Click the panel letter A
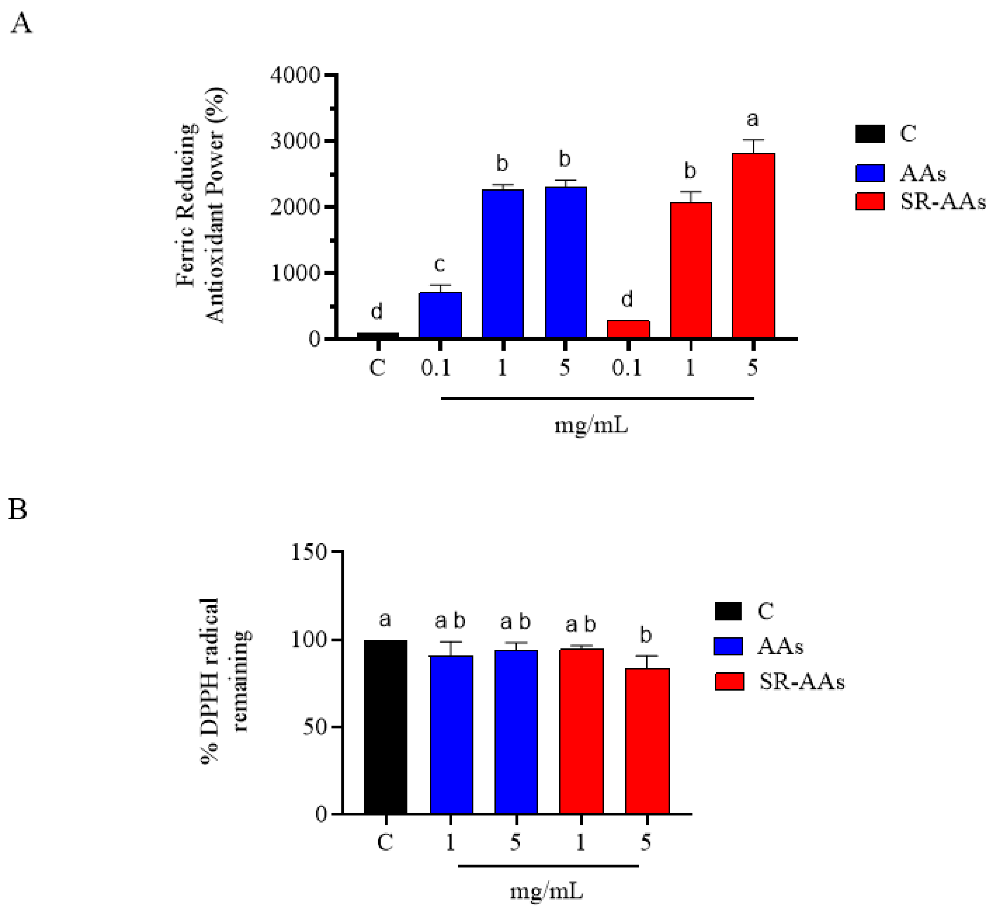[x=21, y=24]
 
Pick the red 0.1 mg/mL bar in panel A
[x=628, y=329]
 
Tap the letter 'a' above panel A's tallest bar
[x=752, y=119]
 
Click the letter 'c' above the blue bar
[x=439, y=264]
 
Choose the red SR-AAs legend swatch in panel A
[x=869, y=202]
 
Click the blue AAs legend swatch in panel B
[x=728, y=646]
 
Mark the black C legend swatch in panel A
[x=869, y=134]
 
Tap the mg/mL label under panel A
[x=591, y=425]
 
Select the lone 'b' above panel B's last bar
[x=646, y=636]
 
